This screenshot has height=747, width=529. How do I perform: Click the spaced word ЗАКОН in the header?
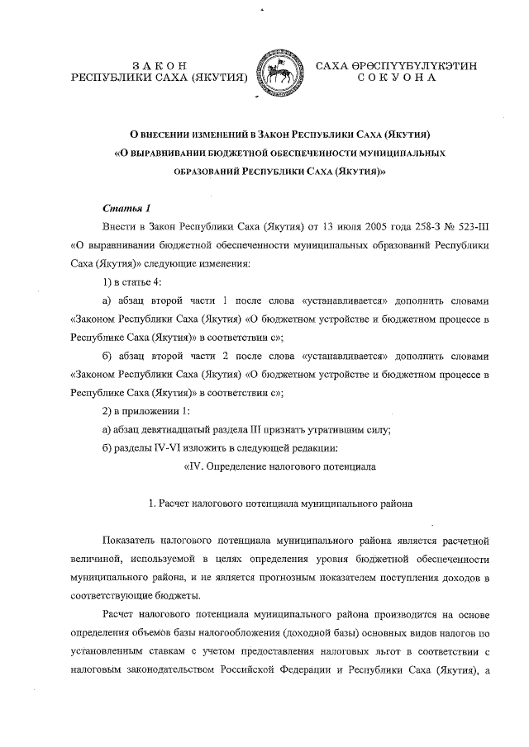(x=160, y=65)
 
